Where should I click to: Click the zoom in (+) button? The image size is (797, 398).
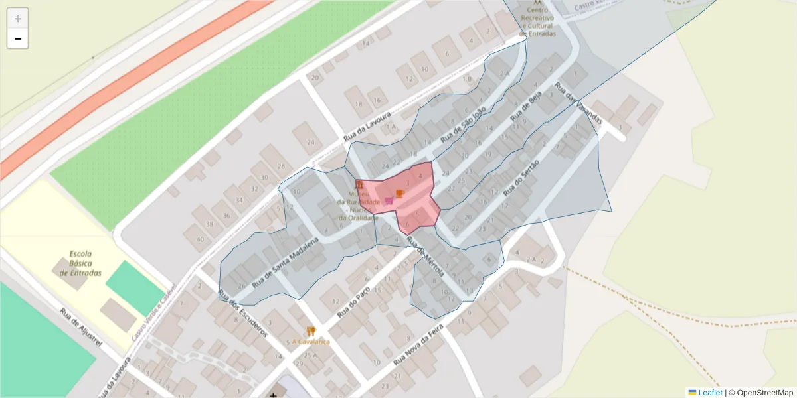coord(18,19)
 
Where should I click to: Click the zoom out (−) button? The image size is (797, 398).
coord(18,39)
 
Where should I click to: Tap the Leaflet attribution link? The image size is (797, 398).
coord(709,393)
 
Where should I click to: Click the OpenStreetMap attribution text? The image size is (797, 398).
coord(764,393)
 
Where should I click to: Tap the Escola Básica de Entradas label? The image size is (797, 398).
coord(80,263)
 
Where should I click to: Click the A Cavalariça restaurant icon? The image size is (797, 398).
coord(310,331)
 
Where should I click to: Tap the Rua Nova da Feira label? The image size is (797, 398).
coord(418,348)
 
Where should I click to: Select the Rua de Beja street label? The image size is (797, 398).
coord(526,107)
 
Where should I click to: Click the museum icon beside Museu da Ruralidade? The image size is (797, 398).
coord(359,184)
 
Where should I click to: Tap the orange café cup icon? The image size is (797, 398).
coord(399,193)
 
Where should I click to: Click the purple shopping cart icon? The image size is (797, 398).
coord(389,200)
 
